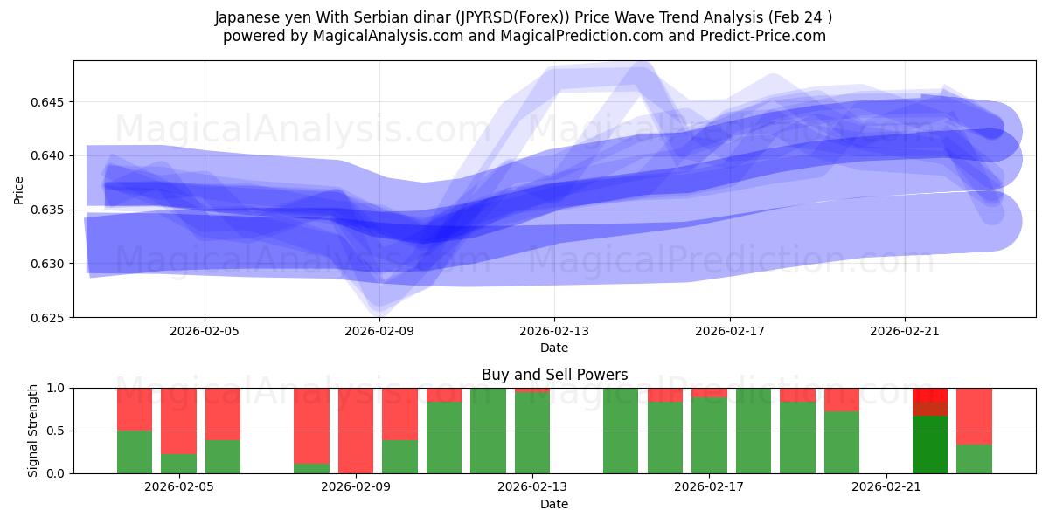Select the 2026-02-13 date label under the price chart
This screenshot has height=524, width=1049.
click(554, 332)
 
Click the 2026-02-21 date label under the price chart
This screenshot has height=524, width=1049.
click(904, 332)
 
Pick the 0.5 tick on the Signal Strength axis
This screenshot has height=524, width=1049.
click(57, 431)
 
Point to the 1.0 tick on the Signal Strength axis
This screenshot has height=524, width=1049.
click(57, 388)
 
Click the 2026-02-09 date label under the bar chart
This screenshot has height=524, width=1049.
click(356, 487)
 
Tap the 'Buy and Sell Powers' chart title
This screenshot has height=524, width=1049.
click(554, 375)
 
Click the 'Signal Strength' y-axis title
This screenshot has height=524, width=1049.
click(32, 431)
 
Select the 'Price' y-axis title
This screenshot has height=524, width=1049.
click(19, 189)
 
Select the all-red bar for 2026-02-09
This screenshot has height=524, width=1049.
click(356, 431)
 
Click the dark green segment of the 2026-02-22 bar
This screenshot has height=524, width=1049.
click(930, 445)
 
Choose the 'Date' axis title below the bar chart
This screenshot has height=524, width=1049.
click(554, 504)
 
